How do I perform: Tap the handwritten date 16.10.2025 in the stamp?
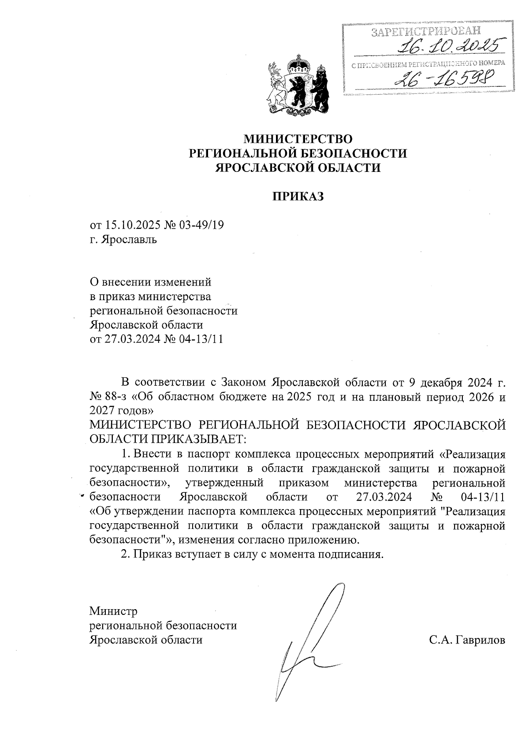click(x=450, y=45)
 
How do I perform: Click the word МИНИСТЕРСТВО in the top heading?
click(x=298, y=139)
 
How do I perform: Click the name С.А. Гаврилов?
click(x=467, y=640)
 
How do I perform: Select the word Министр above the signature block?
click(x=113, y=611)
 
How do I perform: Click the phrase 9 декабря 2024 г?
click(x=457, y=381)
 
